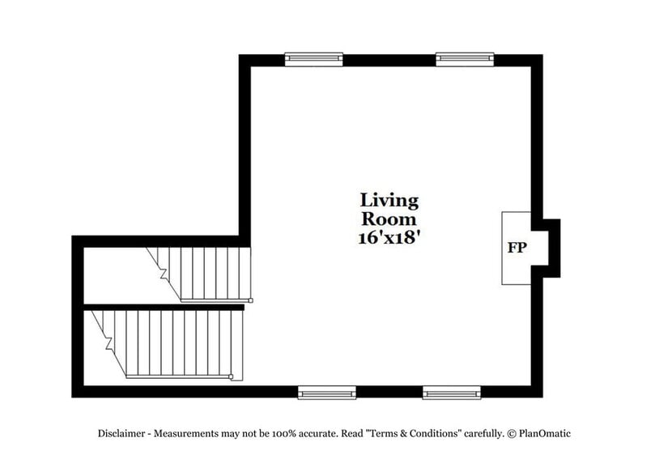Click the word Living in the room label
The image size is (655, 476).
pyautogui.click(x=389, y=200)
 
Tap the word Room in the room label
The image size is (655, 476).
pyautogui.click(x=389, y=219)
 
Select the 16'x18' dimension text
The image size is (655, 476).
pyautogui.click(x=389, y=238)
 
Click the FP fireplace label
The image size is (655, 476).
pyautogui.click(x=517, y=249)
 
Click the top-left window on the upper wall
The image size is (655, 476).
pyautogui.click(x=313, y=59)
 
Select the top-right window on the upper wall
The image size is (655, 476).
pyautogui.click(x=465, y=59)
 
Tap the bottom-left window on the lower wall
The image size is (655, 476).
pyautogui.click(x=327, y=393)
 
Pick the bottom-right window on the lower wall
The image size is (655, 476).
pyautogui.click(x=451, y=393)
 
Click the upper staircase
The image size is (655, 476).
pyautogui.click(x=206, y=274)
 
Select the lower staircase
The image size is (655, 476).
pyautogui.click(x=174, y=344)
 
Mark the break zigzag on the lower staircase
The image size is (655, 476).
pyautogui.click(x=109, y=344)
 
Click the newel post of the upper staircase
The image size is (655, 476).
pyautogui.click(x=250, y=300)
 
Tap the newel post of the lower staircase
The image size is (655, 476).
pyautogui.click(x=232, y=376)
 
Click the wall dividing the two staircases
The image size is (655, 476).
pyautogui.click(x=162, y=307)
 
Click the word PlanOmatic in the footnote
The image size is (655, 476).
pyautogui.click(x=545, y=433)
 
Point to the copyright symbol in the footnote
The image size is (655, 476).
pyautogui.click(x=512, y=433)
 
